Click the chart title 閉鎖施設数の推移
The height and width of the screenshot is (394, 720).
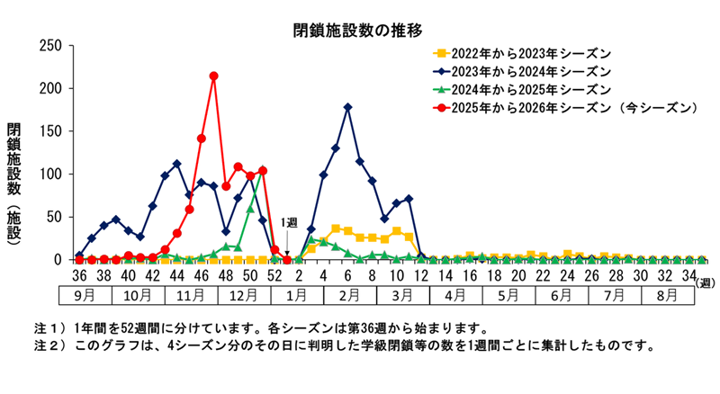(358, 31)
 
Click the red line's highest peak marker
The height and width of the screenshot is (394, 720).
(213, 76)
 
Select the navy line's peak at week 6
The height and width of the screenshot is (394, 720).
(347, 107)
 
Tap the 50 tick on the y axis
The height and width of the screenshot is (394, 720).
(53, 217)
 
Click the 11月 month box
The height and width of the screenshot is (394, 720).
(189, 295)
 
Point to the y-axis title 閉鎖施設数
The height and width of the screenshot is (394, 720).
(14, 162)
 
